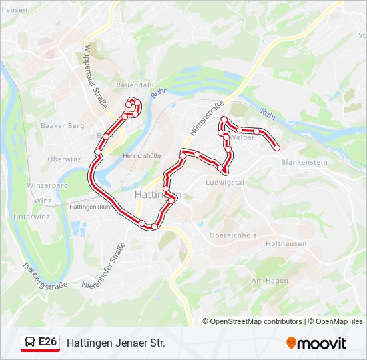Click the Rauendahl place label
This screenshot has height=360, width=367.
(x=135, y=86)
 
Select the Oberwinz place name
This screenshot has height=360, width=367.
(x=64, y=159)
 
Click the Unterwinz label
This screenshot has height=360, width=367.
(x=31, y=217)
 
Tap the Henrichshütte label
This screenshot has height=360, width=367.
(x=141, y=155)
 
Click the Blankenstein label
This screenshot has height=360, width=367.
(x=304, y=162)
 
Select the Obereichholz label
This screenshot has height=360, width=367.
(x=233, y=235)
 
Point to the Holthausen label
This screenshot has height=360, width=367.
(x=286, y=244)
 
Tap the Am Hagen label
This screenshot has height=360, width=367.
(x=269, y=281)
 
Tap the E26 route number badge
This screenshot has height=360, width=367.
(x=47, y=342)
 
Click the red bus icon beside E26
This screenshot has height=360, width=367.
(x=31, y=343)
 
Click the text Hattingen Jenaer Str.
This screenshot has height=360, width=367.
(x=115, y=343)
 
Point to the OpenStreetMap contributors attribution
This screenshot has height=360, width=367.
(x=253, y=321)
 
